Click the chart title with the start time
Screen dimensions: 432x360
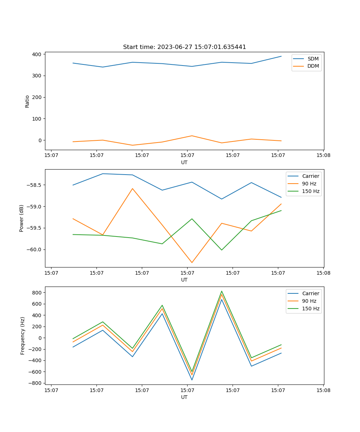click(184, 47)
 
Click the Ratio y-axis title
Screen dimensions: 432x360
click(27, 102)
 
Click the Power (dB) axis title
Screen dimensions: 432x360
click(22, 218)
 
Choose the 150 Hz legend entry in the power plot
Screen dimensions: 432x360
click(311, 191)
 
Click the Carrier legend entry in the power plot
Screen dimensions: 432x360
click(310, 176)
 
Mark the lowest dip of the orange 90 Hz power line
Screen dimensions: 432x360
click(192, 262)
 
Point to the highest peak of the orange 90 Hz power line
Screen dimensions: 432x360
click(132, 188)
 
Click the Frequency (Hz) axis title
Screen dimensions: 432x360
click(23, 336)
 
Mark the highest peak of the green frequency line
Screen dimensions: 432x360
click(222, 291)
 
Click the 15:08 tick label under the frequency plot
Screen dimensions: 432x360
click(323, 390)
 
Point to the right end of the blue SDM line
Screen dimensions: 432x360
click(281, 56)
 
